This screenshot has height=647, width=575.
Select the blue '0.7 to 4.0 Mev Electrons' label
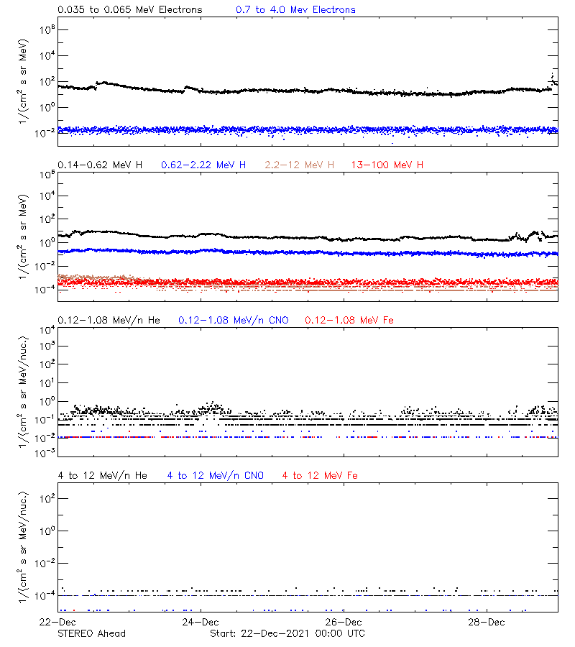click(x=295, y=10)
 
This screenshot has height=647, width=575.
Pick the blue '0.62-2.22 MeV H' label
click(x=203, y=165)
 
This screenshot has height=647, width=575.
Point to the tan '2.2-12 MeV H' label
click(x=300, y=165)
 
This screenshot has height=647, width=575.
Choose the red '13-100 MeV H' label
click(x=387, y=165)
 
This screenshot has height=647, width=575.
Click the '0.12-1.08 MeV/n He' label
click(x=110, y=320)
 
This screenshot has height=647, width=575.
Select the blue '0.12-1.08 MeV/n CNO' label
click(x=234, y=320)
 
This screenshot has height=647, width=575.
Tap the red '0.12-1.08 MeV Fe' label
click(x=349, y=320)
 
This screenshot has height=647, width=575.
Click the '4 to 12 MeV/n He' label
click(x=102, y=476)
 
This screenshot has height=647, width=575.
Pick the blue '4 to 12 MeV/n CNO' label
click(x=215, y=476)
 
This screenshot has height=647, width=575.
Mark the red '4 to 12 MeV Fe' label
click(x=320, y=476)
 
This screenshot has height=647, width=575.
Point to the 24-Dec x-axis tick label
click(x=200, y=622)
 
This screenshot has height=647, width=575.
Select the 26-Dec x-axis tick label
click(x=343, y=622)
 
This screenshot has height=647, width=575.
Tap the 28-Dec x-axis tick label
click(x=486, y=622)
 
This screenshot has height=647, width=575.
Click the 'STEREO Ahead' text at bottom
click(x=91, y=633)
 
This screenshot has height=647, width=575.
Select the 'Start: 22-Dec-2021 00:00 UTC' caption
click(x=287, y=633)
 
